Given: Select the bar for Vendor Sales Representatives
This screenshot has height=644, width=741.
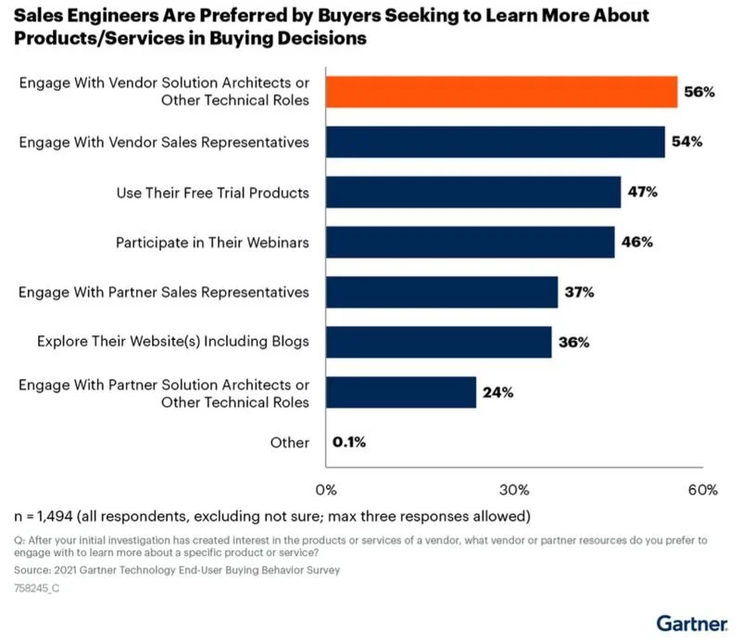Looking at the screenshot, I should point(496,143).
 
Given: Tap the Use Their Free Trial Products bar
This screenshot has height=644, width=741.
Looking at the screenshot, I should point(473,193).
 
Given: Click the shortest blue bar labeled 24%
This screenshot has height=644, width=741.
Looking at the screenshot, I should point(401,392).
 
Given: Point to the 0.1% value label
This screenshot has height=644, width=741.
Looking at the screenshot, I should point(349,442).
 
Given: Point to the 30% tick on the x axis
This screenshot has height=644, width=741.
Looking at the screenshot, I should point(515,488).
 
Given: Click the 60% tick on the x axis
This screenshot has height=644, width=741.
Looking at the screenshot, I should point(702,488).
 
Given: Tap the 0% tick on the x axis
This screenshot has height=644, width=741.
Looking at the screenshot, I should point(326,488).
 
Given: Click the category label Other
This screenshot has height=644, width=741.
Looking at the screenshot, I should point(290,442).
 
